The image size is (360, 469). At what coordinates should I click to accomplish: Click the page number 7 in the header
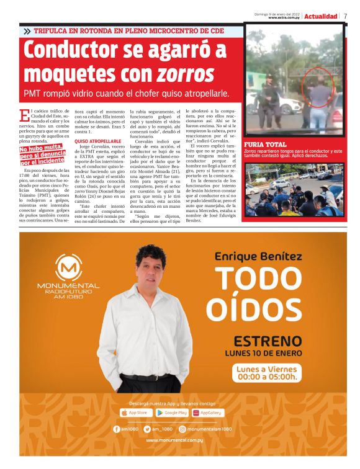[x=346, y=16]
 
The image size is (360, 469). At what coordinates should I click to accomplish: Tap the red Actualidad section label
[x=321, y=16]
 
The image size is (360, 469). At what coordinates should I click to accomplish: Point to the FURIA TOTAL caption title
[x=265, y=145]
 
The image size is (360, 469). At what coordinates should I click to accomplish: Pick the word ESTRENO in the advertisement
[x=268, y=341]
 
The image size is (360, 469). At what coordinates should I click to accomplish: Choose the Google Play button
[x=171, y=413]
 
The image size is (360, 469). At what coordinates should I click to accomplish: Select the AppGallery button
[x=207, y=413]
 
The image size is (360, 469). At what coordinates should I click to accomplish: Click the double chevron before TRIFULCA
[x=27, y=30]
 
